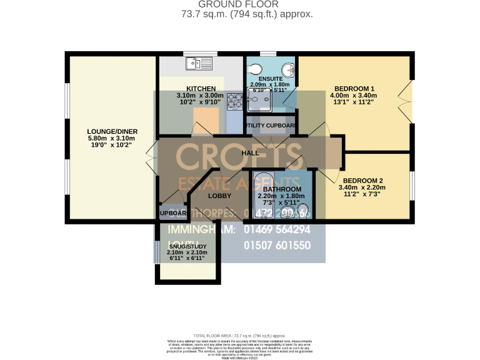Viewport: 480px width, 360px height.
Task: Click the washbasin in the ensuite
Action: pos(289,69)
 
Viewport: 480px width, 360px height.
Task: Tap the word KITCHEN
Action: pos(201,88)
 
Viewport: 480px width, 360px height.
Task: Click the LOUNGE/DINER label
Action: pos(112,131)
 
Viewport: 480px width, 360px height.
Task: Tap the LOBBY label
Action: pos(219,196)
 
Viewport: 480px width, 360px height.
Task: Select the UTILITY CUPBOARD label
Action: pos(271,126)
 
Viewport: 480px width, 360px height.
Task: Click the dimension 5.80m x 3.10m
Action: pos(112,138)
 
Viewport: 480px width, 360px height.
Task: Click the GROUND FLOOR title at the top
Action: pos(240,4)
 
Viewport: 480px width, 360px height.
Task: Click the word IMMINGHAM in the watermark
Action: pos(201,229)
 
